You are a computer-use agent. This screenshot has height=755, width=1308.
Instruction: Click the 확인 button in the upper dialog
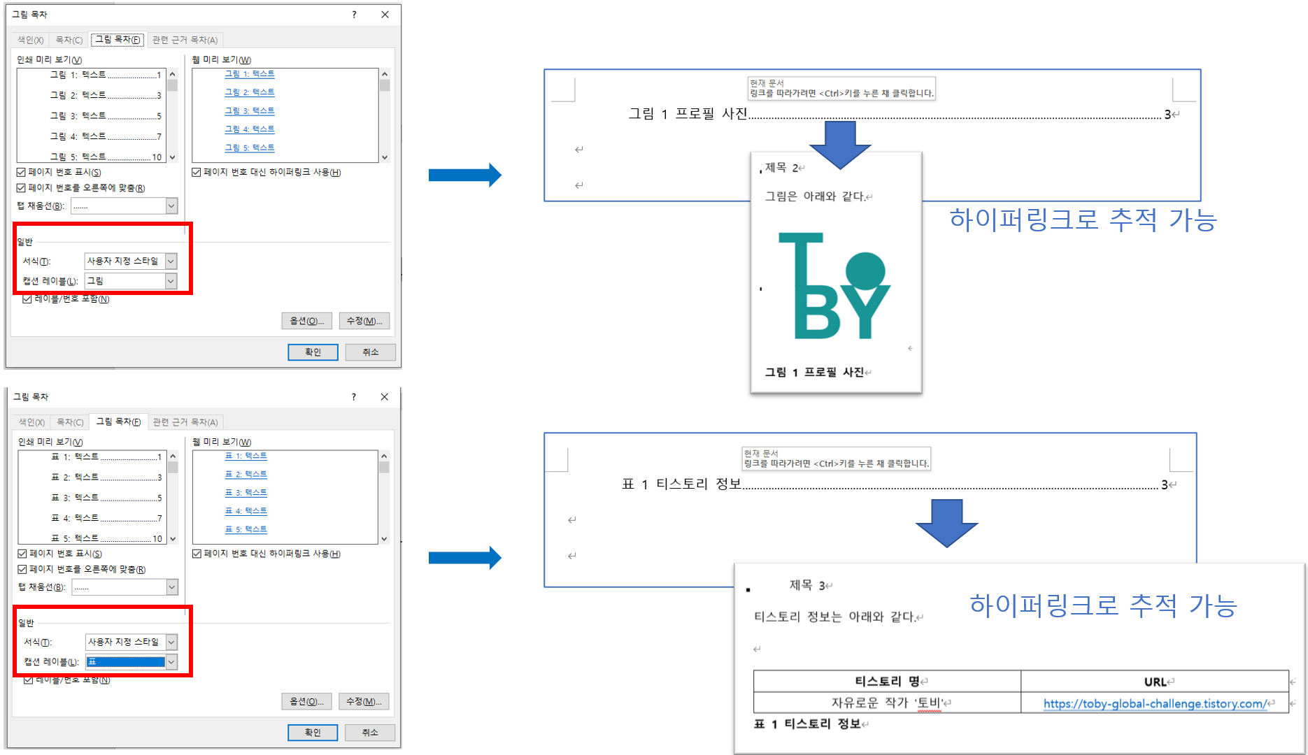[313, 352]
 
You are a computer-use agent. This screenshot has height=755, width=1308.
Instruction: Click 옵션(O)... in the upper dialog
[306, 321]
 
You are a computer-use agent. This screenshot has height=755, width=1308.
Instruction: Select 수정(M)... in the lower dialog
[364, 701]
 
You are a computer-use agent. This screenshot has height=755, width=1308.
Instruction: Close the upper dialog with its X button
[385, 14]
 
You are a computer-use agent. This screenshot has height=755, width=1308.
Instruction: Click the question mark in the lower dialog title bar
[354, 397]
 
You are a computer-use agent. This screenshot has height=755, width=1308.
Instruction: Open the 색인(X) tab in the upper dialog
[30, 40]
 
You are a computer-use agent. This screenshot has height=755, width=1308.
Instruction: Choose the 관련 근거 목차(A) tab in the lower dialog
[185, 422]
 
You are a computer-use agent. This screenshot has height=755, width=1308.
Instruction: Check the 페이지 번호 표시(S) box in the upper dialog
[21, 172]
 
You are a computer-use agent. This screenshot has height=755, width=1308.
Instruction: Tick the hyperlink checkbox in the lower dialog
[197, 554]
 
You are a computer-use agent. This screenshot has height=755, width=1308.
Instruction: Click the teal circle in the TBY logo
[865, 271]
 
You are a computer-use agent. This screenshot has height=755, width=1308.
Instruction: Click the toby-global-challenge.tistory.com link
[1154, 704]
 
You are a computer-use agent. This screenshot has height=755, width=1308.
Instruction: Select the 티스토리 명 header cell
[887, 682]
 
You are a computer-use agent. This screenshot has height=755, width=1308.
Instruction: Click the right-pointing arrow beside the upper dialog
[464, 175]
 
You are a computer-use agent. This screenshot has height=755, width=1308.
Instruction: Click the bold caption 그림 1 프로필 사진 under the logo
[814, 372]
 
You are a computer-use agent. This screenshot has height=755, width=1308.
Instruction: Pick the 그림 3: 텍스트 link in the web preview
[249, 110]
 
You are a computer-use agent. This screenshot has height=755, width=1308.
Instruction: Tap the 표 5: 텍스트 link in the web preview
[246, 529]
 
